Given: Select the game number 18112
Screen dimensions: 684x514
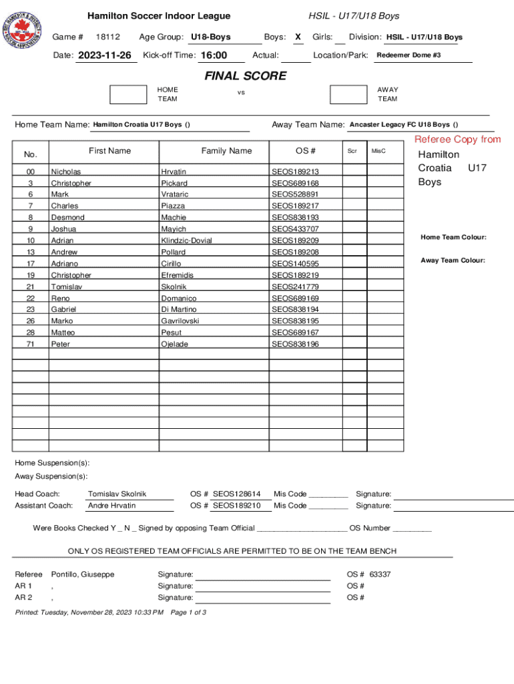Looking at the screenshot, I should click(x=107, y=37).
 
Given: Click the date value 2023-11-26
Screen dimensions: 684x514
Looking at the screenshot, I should click(x=105, y=55).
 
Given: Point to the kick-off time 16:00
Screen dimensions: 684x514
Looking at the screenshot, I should click(x=214, y=55).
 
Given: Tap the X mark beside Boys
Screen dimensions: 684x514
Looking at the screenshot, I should click(x=298, y=37).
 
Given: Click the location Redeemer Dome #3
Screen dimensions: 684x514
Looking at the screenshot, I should click(x=409, y=55).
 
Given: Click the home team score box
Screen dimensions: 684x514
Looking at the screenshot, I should click(x=128, y=94).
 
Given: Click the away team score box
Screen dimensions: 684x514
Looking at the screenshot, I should click(x=348, y=94).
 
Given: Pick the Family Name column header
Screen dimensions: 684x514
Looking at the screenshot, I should click(x=226, y=151).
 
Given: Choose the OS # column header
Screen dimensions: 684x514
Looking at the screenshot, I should click(x=305, y=151).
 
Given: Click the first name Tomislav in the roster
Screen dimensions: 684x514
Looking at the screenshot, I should click(x=67, y=287).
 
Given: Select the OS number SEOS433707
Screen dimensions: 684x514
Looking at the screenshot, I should click(x=295, y=229).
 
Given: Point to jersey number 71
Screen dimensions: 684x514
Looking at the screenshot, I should click(x=31, y=344).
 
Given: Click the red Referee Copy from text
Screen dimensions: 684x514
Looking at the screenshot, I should click(x=457, y=140).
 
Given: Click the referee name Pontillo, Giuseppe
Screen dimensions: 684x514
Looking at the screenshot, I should click(x=83, y=574).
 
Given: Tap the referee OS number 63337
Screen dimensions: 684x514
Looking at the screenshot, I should click(x=380, y=574).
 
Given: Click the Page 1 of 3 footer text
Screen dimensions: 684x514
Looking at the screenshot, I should click(x=188, y=613).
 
